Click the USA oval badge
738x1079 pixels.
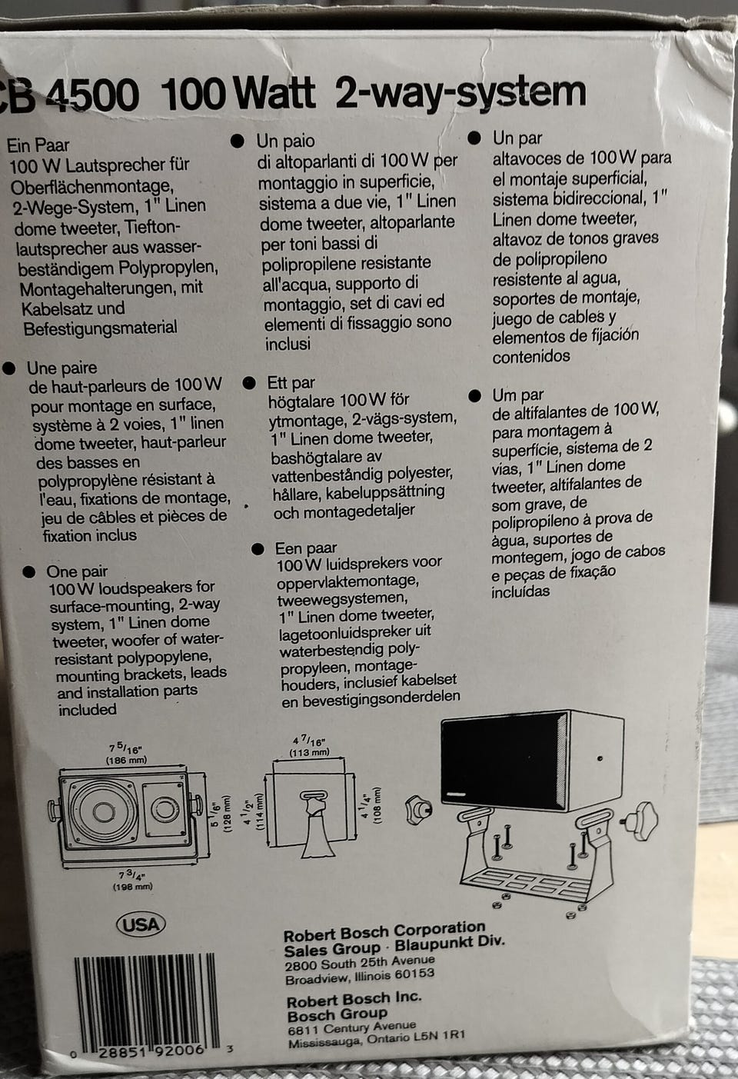pos(141,924)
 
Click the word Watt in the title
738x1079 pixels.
pos(275,94)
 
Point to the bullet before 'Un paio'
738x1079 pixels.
pos(238,141)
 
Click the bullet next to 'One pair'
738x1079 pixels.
pos(29,571)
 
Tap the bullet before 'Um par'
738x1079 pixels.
pos(474,396)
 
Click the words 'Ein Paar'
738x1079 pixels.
pos(38,145)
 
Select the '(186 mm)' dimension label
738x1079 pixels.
pos(127,760)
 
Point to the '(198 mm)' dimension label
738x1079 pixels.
pos(132,886)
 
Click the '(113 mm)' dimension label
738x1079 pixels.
pos(309,752)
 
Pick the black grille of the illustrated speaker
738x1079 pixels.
pos(502,761)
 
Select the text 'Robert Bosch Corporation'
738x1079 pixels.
pos(384,932)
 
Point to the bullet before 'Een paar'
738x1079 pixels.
pos(258,549)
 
